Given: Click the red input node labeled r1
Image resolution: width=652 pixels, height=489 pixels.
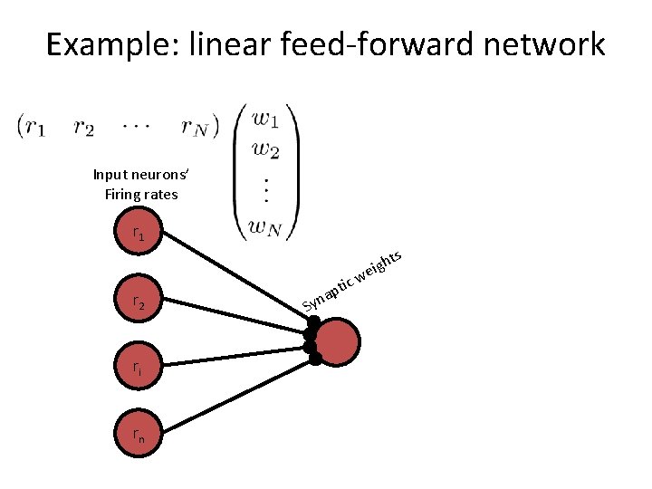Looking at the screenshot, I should click(x=138, y=234).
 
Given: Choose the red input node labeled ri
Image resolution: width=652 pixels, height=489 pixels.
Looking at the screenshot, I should click(x=138, y=369).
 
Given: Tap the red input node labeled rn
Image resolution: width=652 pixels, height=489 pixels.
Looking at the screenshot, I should click(x=138, y=436).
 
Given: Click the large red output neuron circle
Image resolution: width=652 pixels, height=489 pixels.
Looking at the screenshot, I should click(x=338, y=341).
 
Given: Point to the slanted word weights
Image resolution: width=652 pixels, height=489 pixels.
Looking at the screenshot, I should click(x=379, y=264).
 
